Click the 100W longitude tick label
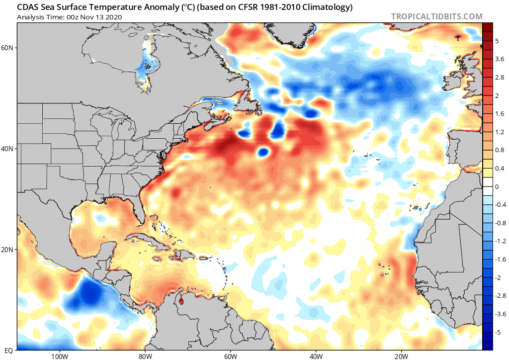[59, 356]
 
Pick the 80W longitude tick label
[145, 356]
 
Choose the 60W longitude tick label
[230, 356]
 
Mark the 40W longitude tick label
[316, 356]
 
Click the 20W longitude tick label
[401, 356]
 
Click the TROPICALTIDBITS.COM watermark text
[436, 16]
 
